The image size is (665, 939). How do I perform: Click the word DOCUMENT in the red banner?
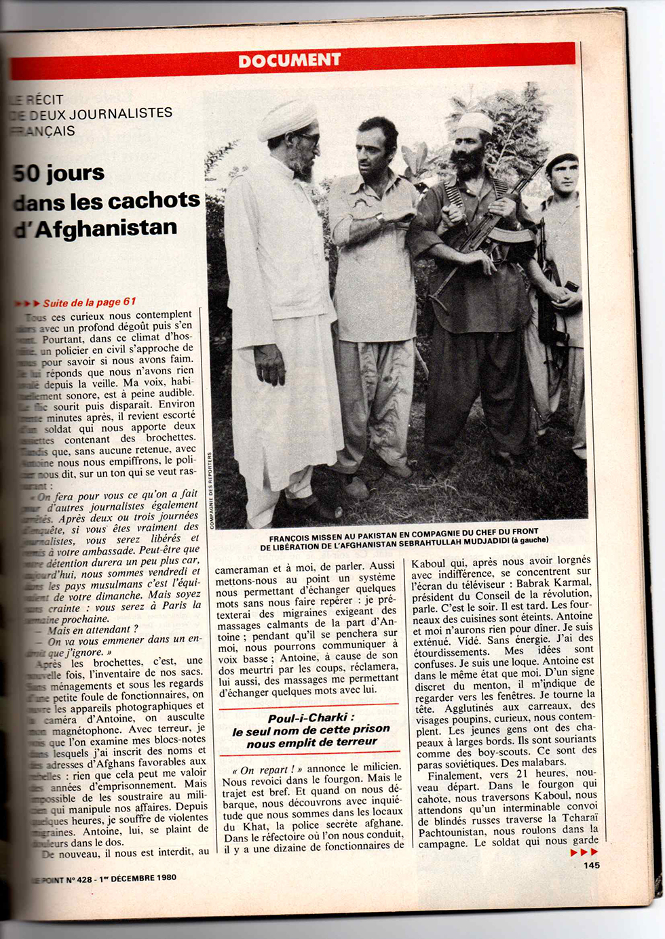(x=290, y=60)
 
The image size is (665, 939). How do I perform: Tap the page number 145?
(x=591, y=864)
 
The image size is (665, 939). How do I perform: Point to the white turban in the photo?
(x=287, y=118)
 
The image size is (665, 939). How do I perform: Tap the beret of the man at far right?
(x=561, y=159)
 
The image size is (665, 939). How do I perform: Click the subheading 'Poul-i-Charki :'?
(x=311, y=717)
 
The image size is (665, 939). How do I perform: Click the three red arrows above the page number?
(x=584, y=852)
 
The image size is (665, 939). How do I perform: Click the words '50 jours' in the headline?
(x=60, y=174)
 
